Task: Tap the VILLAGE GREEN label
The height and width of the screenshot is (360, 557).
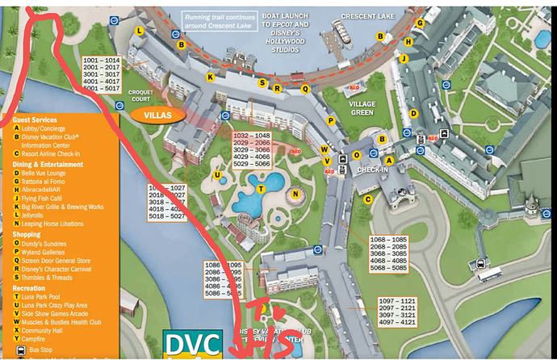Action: (x=362, y=109)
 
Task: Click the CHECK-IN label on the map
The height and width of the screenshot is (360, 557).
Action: (x=372, y=170)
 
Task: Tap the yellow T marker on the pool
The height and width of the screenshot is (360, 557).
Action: (x=260, y=189)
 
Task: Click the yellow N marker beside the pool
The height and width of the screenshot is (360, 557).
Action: (x=295, y=194)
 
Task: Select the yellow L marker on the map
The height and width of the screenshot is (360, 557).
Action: (x=140, y=31)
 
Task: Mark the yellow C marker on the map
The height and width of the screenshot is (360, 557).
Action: (x=367, y=199)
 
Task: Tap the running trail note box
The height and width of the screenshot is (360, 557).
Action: (x=220, y=21)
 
